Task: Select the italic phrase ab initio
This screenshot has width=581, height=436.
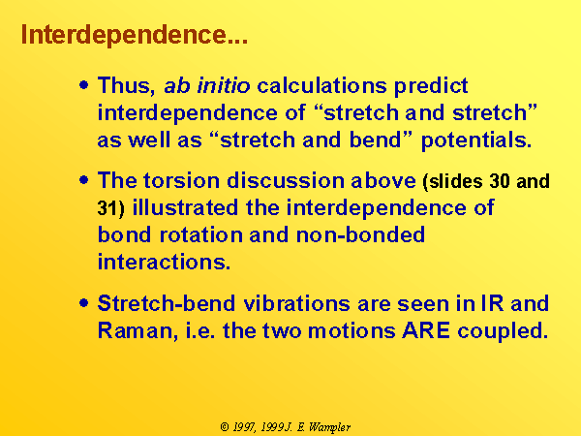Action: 207,85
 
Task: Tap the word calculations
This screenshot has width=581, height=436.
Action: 321,85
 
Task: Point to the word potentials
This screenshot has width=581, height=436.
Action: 476,140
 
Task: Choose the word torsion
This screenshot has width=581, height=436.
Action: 181,180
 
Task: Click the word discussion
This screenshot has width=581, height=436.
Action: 284,180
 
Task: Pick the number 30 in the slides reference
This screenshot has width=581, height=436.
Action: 499,181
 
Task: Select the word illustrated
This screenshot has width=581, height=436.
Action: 185,207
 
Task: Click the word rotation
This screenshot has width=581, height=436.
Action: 200,235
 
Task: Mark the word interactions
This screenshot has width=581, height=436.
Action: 164,262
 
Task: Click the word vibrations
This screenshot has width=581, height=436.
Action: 297,303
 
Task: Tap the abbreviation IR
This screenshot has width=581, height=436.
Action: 493,303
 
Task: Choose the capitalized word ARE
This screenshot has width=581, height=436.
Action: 426,330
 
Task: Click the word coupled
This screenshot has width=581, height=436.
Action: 503,331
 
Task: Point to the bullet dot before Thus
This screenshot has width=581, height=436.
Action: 84,85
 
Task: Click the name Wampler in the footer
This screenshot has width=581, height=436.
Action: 329,427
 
